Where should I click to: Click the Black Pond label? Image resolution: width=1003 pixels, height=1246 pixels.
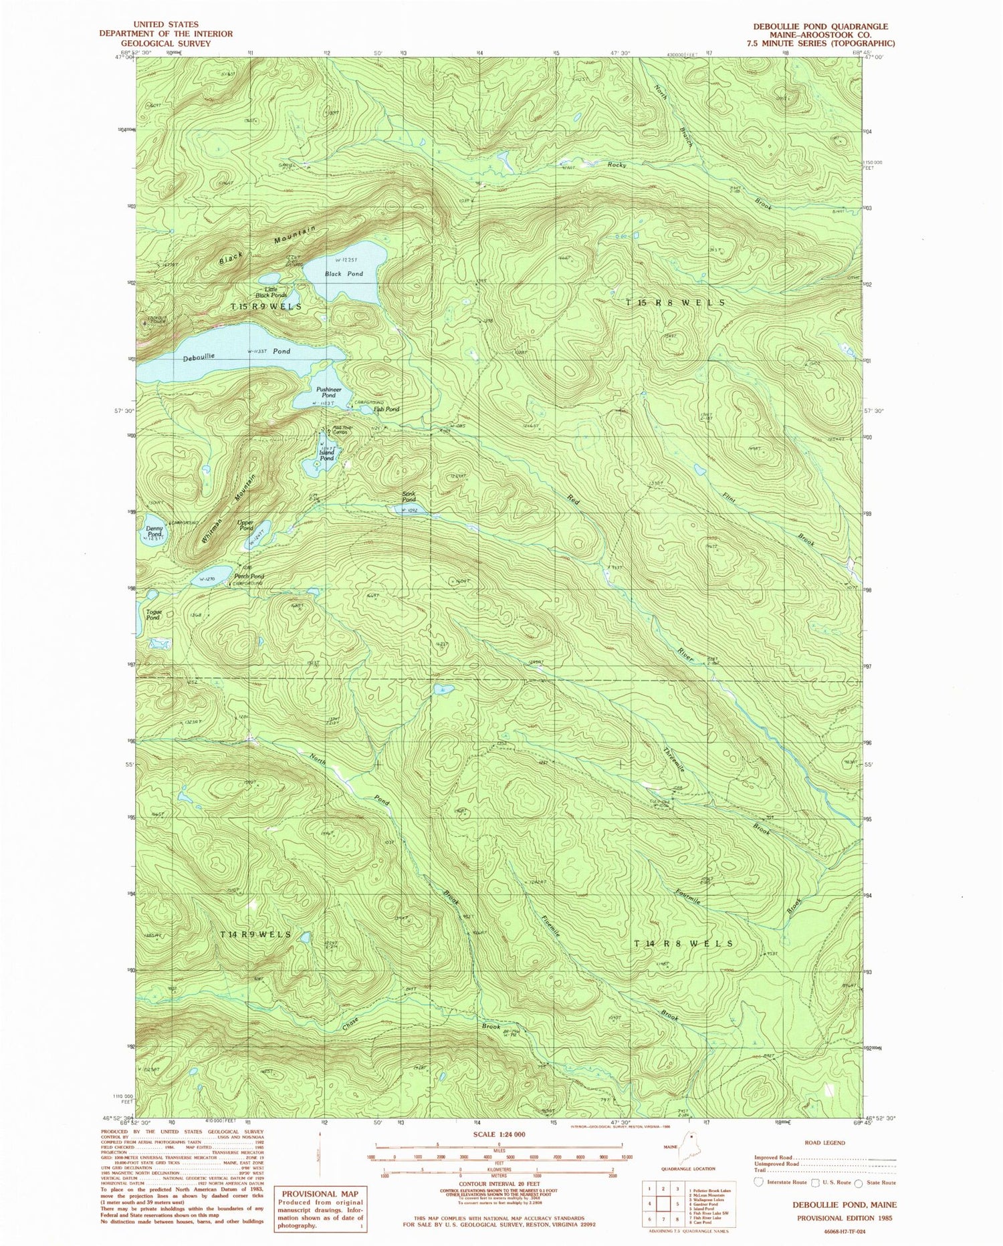point(344,274)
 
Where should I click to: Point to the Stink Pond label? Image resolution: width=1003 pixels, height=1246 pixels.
point(409,497)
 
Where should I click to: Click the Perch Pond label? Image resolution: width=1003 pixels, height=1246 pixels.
point(249,576)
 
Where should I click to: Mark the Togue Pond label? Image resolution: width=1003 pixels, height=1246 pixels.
point(153,615)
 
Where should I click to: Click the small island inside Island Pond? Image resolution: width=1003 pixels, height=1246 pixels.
point(316,463)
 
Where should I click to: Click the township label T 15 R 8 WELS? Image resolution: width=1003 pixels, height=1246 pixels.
point(675,303)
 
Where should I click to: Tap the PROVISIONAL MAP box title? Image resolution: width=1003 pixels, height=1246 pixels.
point(320,1194)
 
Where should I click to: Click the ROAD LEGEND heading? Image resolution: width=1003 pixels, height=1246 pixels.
point(826,1142)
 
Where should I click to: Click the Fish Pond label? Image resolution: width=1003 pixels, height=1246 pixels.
point(386,409)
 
